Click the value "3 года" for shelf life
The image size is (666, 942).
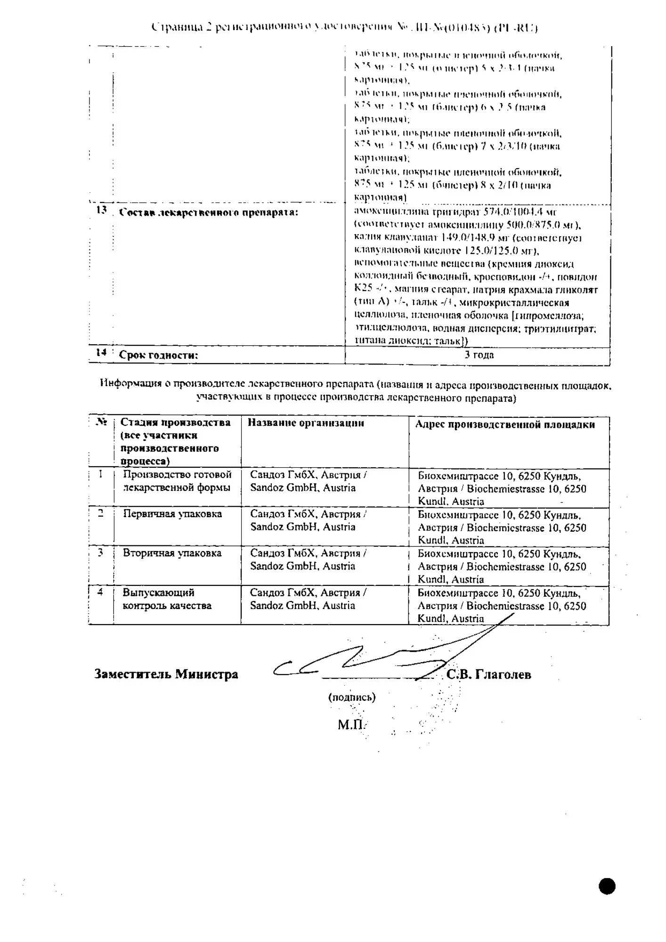(x=479, y=355)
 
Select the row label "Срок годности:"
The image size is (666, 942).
(x=158, y=356)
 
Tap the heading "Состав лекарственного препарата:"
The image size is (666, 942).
(x=209, y=212)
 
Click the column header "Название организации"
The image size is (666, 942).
(x=306, y=423)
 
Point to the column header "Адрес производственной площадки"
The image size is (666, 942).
(x=504, y=425)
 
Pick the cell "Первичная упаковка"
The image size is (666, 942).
(x=172, y=514)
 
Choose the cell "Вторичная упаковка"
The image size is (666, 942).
(x=172, y=553)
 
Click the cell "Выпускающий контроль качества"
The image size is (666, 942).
(x=167, y=599)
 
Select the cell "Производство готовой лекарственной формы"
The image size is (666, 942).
(x=177, y=481)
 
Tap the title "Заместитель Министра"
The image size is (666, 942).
(x=166, y=674)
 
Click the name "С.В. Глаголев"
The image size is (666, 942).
(x=488, y=674)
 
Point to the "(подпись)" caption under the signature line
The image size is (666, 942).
(x=352, y=698)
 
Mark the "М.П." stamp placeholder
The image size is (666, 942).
(x=351, y=724)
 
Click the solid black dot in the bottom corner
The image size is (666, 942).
(x=607, y=886)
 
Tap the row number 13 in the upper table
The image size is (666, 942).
(x=101, y=210)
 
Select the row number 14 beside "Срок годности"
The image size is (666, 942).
(x=101, y=352)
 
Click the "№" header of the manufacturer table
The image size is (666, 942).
(x=101, y=422)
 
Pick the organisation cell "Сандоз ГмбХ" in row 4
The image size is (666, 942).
(x=308, y=599)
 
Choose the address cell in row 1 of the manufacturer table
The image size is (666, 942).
(x=502, y=488)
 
